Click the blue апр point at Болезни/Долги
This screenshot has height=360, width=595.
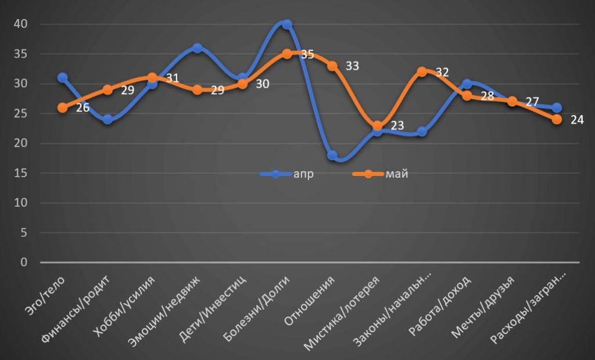287,24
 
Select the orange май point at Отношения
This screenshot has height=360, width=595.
332,66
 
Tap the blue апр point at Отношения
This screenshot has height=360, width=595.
332,155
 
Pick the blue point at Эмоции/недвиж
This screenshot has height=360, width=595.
198,48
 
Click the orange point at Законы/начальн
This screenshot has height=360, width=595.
422,72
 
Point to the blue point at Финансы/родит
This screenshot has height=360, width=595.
107,120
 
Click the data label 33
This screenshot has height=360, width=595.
352,66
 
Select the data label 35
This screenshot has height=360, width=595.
307,55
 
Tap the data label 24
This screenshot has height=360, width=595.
576,120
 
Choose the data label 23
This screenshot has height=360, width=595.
397,126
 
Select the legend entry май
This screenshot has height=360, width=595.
397,174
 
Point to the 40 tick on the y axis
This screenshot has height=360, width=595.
21,24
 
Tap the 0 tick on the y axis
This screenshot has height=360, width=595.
24,262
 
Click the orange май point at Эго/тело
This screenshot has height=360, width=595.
63,107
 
